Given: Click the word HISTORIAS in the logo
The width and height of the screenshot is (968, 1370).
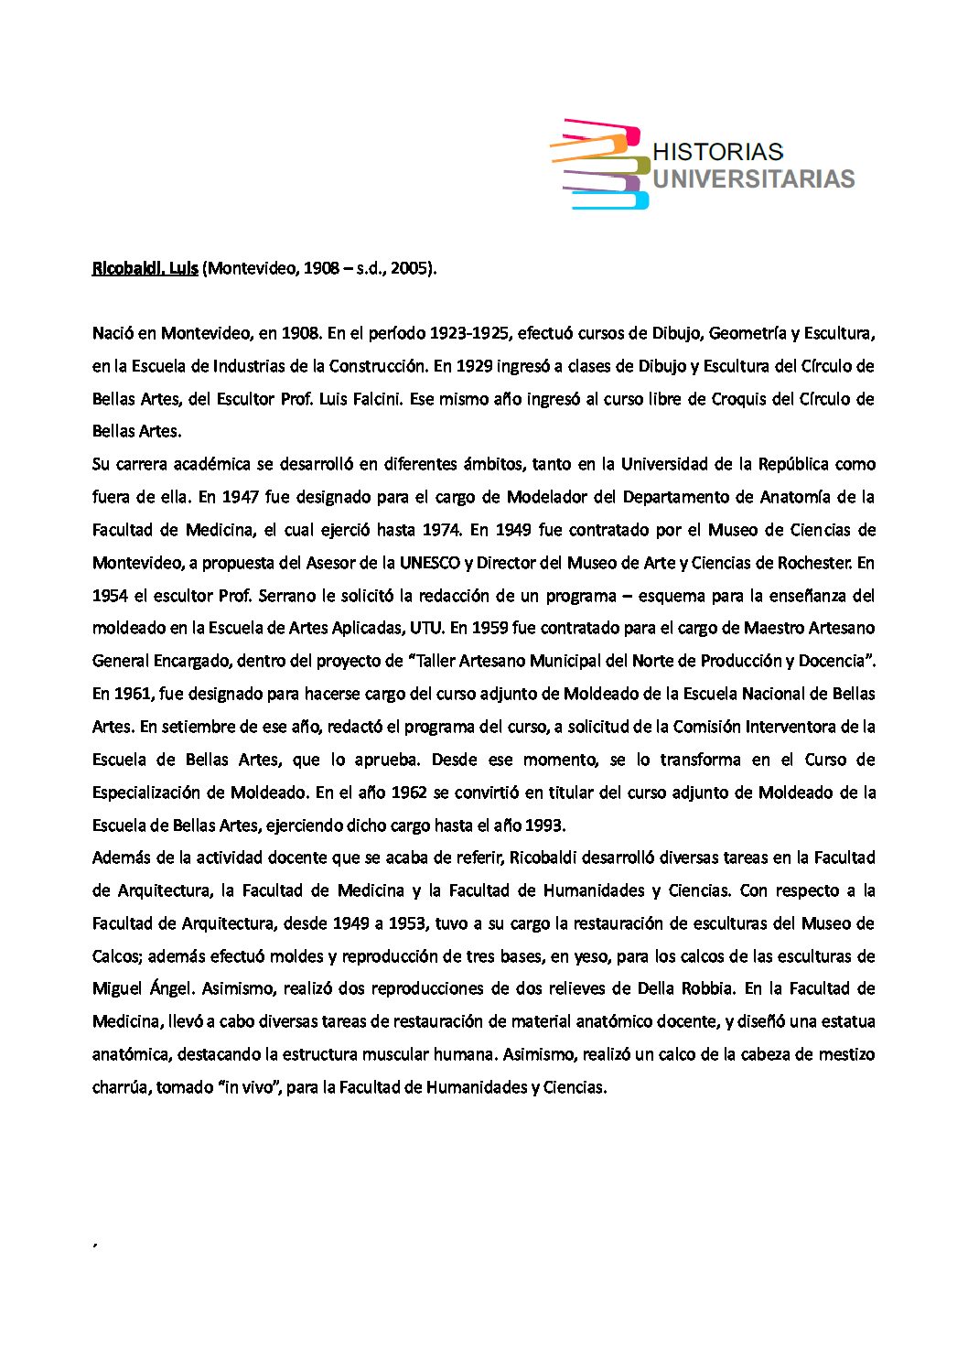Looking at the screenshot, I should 717,152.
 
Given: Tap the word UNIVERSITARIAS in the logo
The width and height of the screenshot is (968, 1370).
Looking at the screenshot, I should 753,178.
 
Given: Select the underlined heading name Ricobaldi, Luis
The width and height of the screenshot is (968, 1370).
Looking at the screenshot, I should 145,269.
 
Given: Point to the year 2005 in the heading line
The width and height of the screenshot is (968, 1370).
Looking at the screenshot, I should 409,269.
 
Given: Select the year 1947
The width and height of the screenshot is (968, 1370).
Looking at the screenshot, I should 239,497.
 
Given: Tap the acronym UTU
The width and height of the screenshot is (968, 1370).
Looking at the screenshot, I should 426,628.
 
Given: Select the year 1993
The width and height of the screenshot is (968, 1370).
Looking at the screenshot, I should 544,825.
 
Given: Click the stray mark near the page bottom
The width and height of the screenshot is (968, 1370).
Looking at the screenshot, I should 95,1245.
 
